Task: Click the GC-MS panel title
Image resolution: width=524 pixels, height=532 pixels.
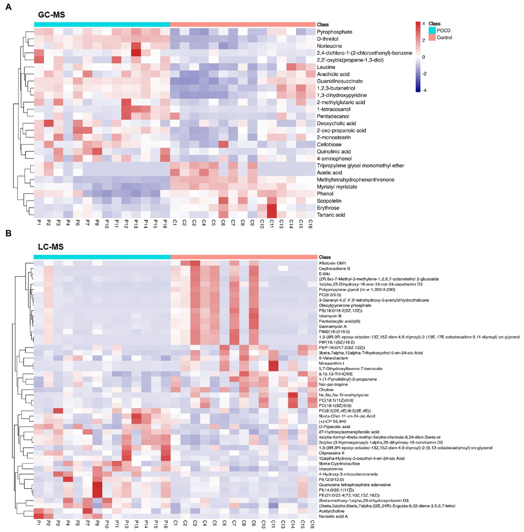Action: click(x=51, y=15)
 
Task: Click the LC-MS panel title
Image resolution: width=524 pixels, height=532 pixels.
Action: click(x=51, y=247)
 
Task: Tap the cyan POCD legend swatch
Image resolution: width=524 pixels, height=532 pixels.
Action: click(x=432, y=30)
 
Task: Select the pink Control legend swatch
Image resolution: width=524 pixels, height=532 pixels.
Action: click(x=432, y=38)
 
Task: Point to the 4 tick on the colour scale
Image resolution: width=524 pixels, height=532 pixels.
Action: click(x=424, y=24)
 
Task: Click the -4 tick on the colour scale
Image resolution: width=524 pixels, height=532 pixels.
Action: click(x=424, y=90)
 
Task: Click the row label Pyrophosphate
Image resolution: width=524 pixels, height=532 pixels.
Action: click(x=334, y=32)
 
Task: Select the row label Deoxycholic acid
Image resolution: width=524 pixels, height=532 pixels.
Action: click(x=336, y=123)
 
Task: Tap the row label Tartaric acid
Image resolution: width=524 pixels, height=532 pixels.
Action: click(x=331, y=215)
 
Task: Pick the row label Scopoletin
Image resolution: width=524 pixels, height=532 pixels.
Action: click(x=329, y=201)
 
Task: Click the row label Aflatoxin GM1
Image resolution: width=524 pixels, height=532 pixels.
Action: click(x=332, y=263)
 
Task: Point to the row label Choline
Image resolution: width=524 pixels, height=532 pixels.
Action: click(x=326, y=390)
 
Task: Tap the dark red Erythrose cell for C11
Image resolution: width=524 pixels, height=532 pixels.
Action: click(x=272, y=208)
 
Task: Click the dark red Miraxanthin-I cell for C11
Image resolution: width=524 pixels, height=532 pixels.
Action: click(x=273, y=363)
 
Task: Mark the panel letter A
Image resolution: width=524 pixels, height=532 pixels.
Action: click(x=8, y=7)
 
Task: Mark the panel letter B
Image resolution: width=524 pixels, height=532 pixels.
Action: click(x=8, y=233)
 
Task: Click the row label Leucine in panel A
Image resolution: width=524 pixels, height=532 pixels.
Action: click(x=326, y=67)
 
